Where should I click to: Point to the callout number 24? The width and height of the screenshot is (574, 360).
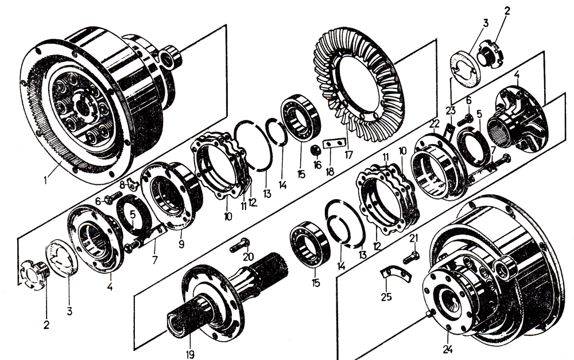447,347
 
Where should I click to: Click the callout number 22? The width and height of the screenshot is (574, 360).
435,124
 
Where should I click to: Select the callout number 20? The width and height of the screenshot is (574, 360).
248,257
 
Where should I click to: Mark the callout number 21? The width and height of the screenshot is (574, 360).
414,238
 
